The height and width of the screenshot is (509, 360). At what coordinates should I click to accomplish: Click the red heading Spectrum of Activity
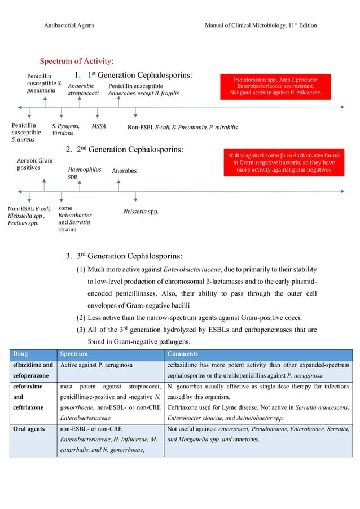76,61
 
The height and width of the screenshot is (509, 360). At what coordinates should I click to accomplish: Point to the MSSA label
99,127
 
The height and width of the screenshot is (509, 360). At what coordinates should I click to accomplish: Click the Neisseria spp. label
141,212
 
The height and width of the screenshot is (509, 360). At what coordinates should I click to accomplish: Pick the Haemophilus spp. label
81,172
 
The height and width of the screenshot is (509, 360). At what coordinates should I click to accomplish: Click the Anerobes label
124,170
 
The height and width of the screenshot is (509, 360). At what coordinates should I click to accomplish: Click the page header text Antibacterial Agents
69,26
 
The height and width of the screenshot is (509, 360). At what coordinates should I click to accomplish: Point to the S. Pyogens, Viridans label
65,130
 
